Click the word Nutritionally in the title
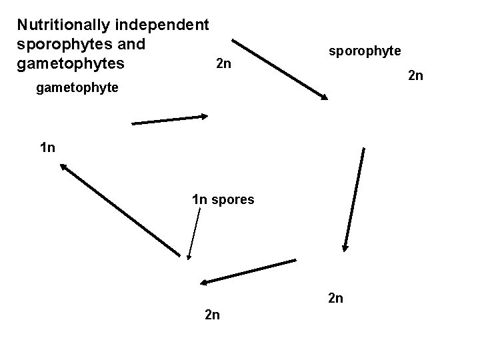click(x=64, y=25)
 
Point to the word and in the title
click(x=130, y=45)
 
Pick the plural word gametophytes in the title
click(x=63, y=64)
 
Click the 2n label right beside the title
click(x=224, y=65)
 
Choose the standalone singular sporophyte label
click(x=364, y=51)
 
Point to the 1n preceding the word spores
click(x=200, y=199)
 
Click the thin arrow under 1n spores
click(x=195, y=233)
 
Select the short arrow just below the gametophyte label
click(x=171, y=120)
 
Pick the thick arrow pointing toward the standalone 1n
click(x=120, y=211)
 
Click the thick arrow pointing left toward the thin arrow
click(x=248, y=272)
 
